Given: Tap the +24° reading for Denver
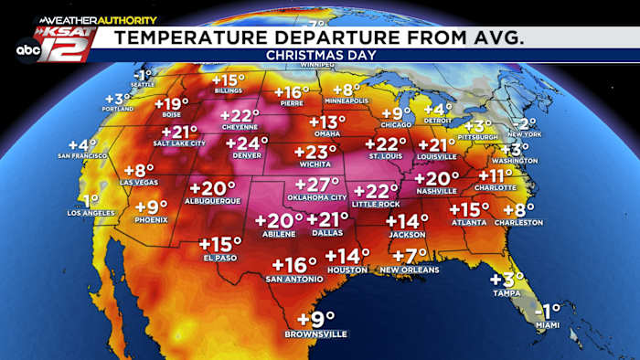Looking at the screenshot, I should [247, 143].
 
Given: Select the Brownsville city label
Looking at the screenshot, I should [316, 334].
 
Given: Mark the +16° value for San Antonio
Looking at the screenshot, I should [294, 265].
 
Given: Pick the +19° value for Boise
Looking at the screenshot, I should [173, 103].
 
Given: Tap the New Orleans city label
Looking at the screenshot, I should [410, 270].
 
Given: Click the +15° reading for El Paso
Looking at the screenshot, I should [220, 244].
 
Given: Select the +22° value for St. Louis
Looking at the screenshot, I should [386, 143].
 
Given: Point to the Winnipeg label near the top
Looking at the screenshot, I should [316, 65].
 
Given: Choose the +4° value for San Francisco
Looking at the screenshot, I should [82, 144].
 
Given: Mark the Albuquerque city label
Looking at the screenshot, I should [211, 200].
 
